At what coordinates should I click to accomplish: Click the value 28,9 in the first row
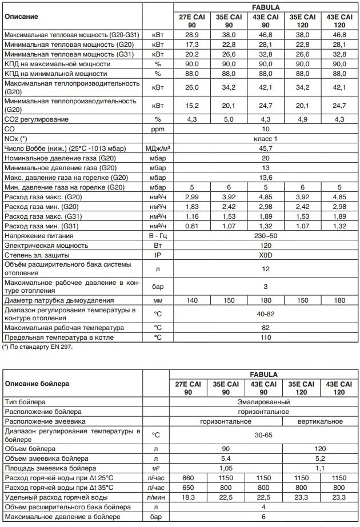[191, 35]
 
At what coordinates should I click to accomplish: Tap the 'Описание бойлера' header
[37, 384]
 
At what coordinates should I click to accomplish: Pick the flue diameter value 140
[191, 300]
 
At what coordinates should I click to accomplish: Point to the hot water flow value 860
[191, 477]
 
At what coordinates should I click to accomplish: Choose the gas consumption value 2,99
[191, 196]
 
